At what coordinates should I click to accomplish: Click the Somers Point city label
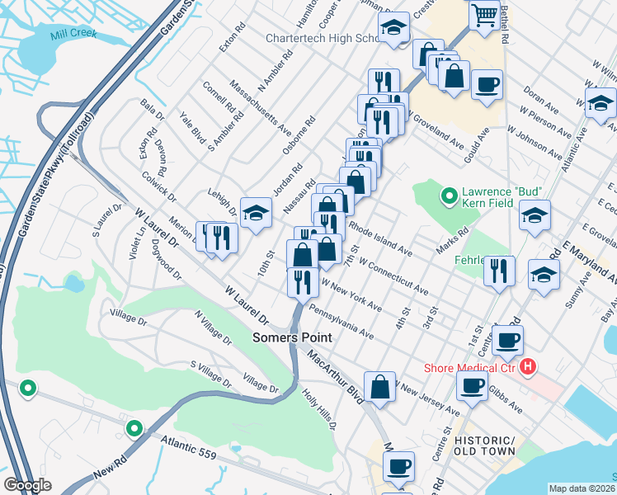coord(292,337)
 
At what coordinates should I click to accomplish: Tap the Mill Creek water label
coord(73,34)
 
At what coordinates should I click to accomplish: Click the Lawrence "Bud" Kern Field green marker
coord(449,196)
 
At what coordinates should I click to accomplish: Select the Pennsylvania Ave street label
coord(341,323)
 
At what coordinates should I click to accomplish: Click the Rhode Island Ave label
coord(380,236)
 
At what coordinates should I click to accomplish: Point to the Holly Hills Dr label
coord(319,408)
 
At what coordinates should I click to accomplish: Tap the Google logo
coord(28,485)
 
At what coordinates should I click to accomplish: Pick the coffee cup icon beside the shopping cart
coord(487,84)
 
